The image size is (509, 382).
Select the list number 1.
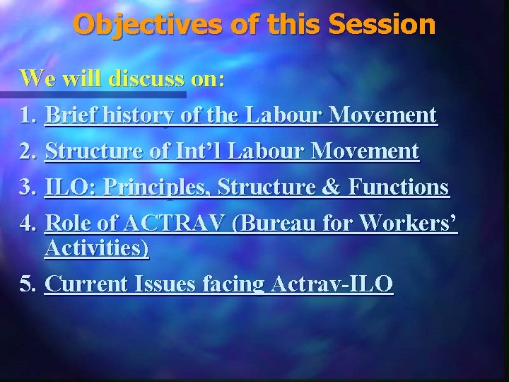tap(28, 115)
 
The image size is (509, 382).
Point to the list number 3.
tap(28, 187)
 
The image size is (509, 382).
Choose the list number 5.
tap(28, 284)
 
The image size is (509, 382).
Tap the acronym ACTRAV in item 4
tap(180, 224)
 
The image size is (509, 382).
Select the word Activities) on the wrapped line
tap(97, 248)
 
